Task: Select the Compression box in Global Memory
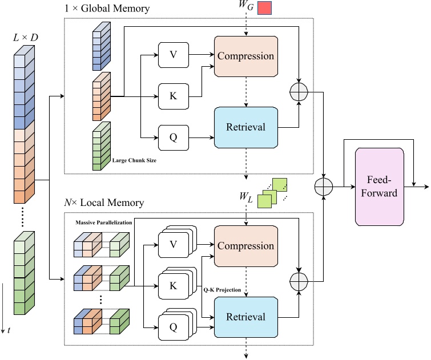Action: pyautogui.click(x=245, y=56)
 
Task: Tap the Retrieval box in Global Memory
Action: pyautogui.click(x=245, y=127)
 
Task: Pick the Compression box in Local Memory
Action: pyautogui.click(x=245, y=246)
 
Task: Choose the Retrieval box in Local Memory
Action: pyautogui.click(x=245, y=317)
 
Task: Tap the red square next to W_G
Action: pyautogui.click(x=264, y=9)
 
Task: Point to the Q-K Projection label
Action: pyautogui.click(x=223, y=290)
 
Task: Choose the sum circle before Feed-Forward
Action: pyautogui.click(x=324, y=185)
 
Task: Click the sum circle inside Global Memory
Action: pyautogui.click(x=299, y=91)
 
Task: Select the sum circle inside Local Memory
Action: pyautogui.click(x=299, y=281)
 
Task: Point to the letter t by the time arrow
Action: pyautogui.click(x=9, y=330)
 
